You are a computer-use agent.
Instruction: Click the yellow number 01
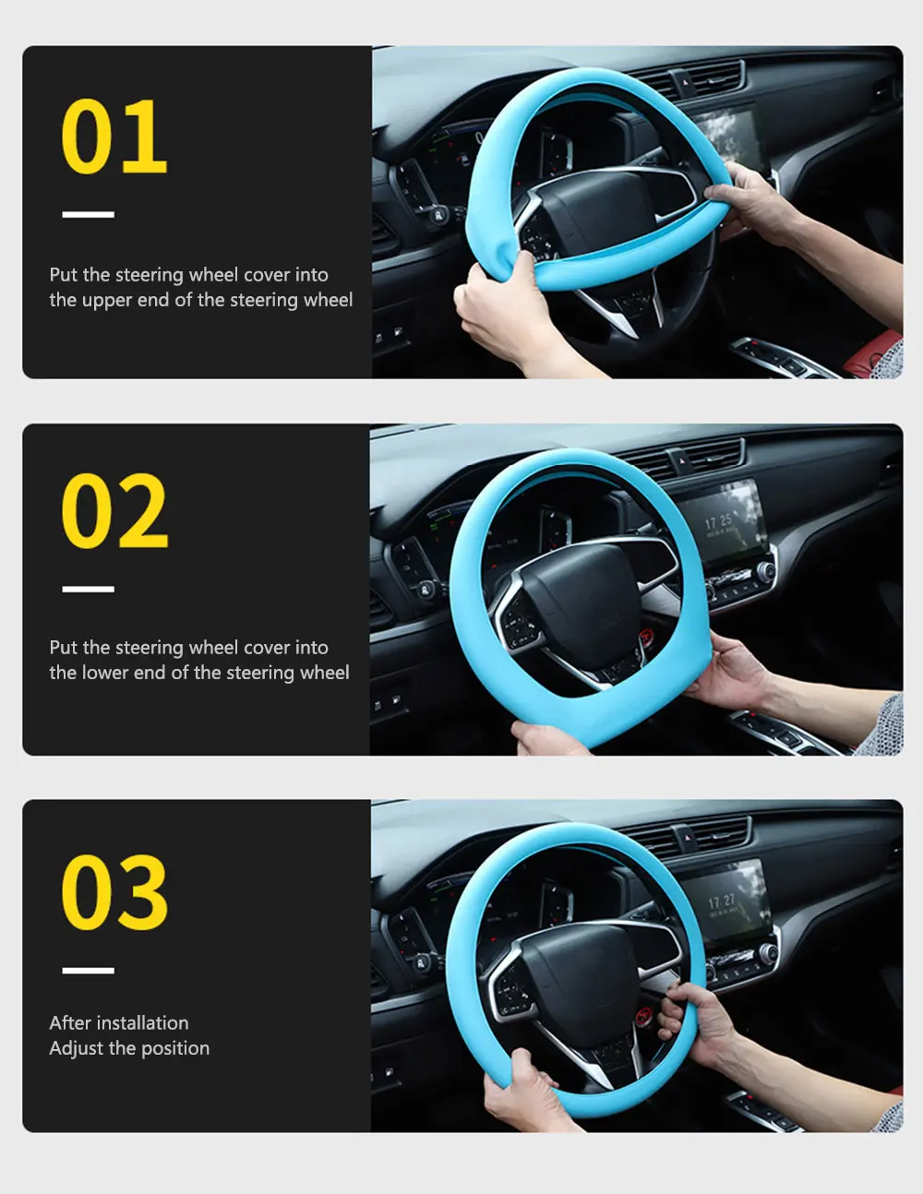[x=114, y=137]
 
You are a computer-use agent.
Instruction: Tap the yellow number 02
[x=114, y=510]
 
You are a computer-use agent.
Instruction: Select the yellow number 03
[x=114, y=892]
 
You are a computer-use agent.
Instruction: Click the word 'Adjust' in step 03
[x=77, y=1048]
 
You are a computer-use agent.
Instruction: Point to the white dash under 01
[x=88, y=214]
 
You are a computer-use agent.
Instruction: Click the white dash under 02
[x=88, y=589]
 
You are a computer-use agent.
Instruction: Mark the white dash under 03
[x=88, y=971]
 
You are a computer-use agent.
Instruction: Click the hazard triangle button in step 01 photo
[x=686, y=82]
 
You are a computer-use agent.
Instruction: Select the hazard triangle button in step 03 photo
[x=688, y=838]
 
